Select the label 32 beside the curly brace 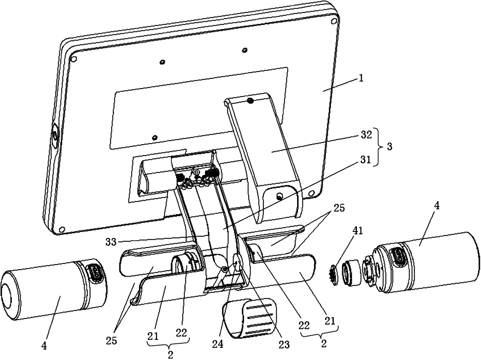point(367,135)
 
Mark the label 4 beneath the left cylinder point(44,345)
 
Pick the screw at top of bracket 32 point(250,101)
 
